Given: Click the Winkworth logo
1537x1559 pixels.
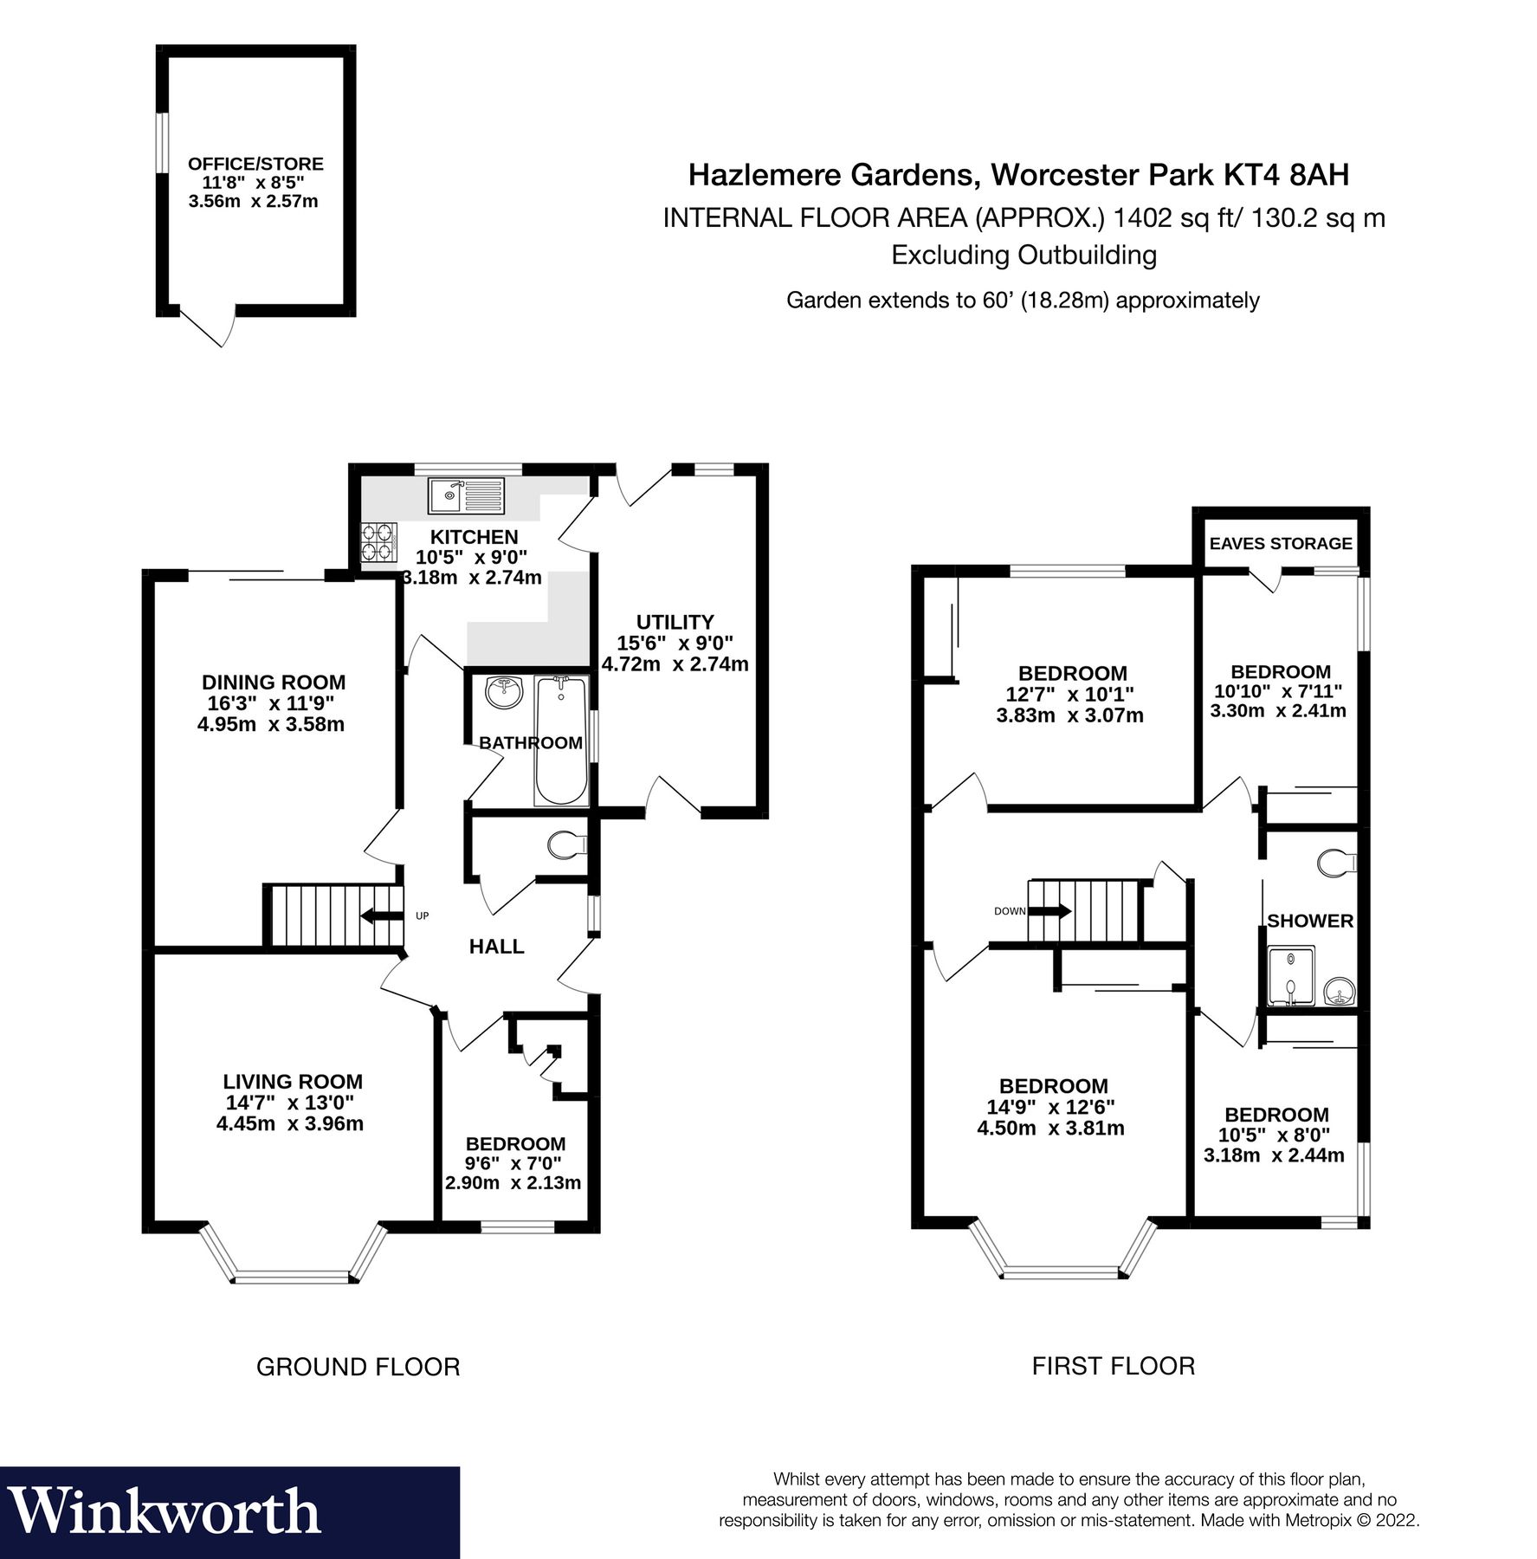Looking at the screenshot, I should point(165,1512).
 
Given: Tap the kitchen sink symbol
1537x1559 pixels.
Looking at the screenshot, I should point(466,496).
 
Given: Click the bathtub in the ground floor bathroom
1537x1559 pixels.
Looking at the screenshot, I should point(561,741).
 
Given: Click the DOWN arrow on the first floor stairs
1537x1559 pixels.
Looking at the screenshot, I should point(1049,911).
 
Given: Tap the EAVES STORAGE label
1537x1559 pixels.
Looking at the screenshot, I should point(1280,544).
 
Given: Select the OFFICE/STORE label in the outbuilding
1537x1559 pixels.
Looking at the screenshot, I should point(255,164).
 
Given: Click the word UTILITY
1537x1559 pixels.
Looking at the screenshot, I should point(675,622).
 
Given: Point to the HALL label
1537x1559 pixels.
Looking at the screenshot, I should point(496,947).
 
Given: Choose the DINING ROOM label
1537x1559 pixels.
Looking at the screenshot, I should point(273,682).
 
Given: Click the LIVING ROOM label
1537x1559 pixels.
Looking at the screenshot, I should point(292,1082).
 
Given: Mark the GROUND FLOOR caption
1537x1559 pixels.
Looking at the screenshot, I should point(358,1367).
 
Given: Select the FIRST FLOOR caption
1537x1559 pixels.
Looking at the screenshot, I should point(1113,1366).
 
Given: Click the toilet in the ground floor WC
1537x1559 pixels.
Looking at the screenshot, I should point(568,844).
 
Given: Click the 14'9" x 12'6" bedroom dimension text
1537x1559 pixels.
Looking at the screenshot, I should point(1050,1107).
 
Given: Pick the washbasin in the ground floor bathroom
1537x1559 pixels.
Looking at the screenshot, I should point(505,694).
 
